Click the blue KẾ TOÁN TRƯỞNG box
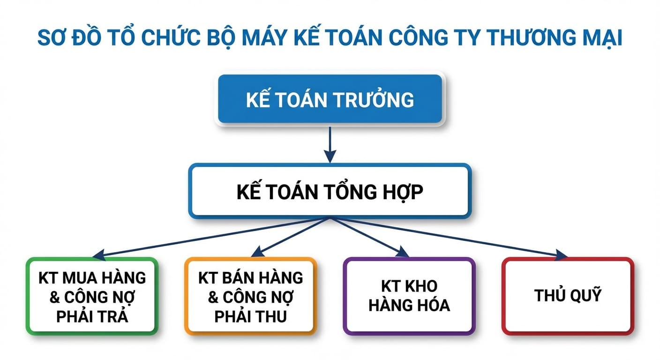[x=330, y=99]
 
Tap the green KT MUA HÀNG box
[x=92, y=296]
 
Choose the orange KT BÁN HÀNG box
[x=250, y=296]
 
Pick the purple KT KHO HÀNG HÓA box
[x=409, y=296]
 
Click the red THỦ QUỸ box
[x=567, y=296]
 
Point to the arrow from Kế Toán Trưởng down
[x=330, y=143]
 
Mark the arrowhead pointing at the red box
[x=562, y=255]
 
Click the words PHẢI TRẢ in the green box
[x=92, y=316]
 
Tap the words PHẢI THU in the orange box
[x=250, y=316]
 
